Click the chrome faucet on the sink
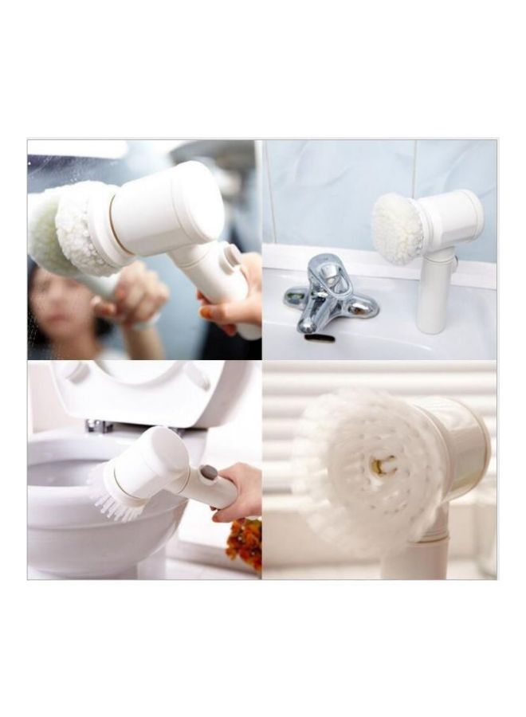[327, 299]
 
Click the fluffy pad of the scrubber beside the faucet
[397, 228]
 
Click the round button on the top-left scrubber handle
[234, 256]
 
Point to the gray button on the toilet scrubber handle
[209, 472]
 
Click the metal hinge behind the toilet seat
[100, 426]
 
